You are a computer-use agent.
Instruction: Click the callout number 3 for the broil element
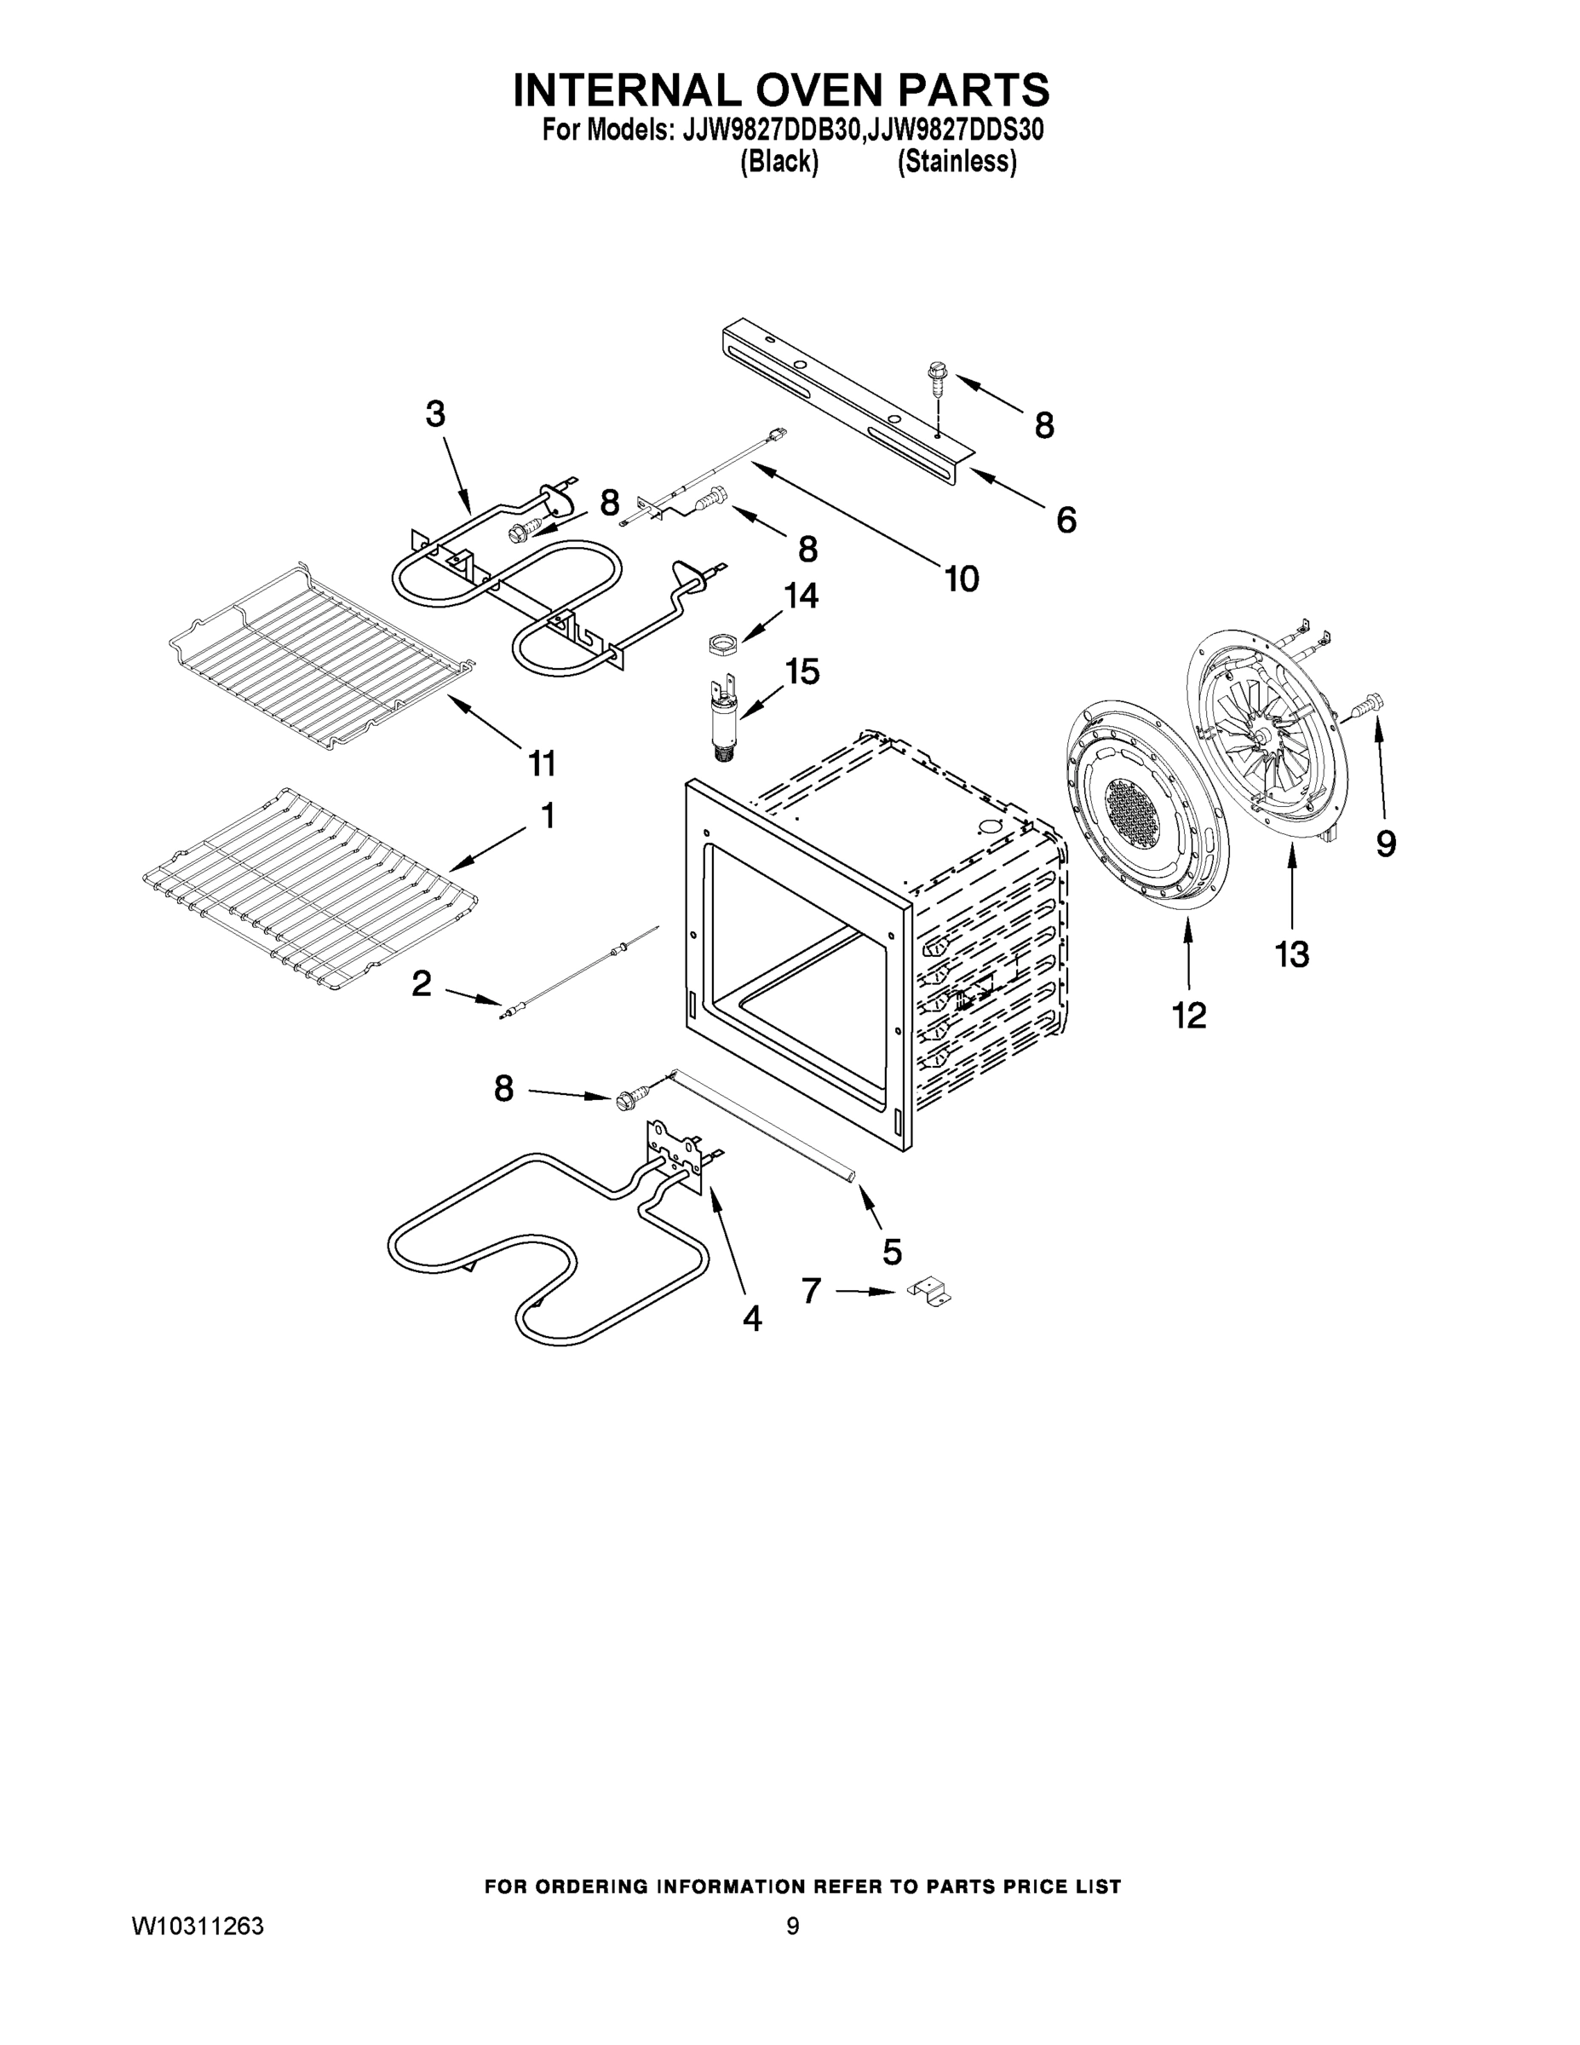coord(435,414)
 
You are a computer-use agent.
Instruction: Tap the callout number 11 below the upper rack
coord(542,763)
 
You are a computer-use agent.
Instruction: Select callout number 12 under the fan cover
coord(1190,1014)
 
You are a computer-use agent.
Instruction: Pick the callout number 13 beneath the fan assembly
coord(1292,955)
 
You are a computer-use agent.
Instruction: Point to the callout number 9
coord(1387,844)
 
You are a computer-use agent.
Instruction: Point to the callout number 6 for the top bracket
coord(1066,520)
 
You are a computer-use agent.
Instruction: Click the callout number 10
coord(962,579)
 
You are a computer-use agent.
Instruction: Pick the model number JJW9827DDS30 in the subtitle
coord(956,130)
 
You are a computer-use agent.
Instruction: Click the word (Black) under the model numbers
coord(779,162)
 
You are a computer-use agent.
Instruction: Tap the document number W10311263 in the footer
coord(198,1926)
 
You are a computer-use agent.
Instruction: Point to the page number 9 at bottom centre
coord(793,1926)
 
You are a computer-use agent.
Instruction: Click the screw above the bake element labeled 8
coord(627,1098)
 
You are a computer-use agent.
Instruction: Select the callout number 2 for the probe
coord(422,983)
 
